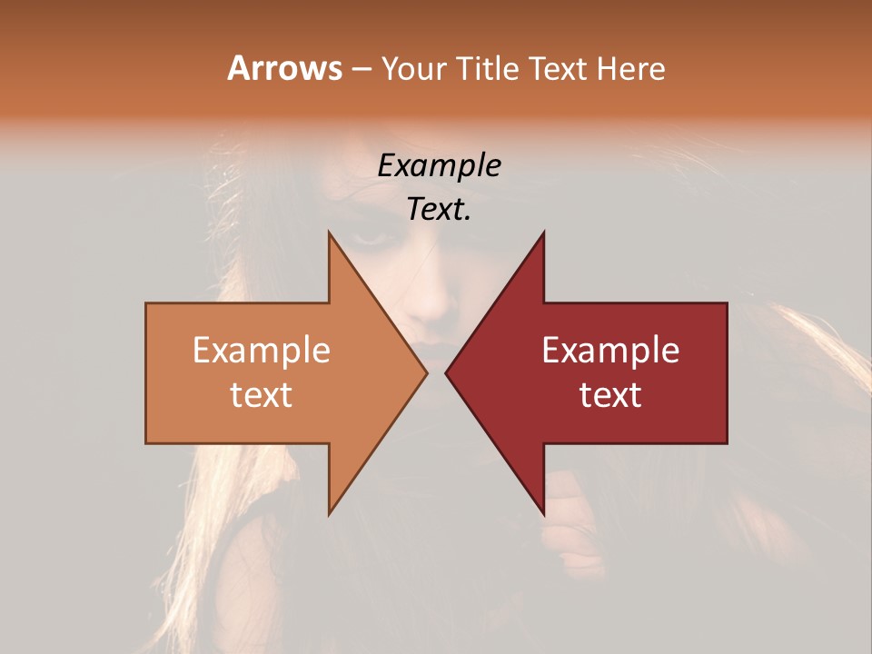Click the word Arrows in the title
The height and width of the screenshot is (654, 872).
point(284,68)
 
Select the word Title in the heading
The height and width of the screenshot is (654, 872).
point(491,69)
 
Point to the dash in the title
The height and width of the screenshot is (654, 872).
point(360,70)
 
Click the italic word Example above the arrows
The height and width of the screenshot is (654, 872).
point(439,165)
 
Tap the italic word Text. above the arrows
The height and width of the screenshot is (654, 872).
point(439,209)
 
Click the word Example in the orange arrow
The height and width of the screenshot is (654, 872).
point(261,351)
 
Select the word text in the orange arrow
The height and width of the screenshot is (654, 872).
point(261,395)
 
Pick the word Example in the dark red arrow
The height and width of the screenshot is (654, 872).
point(610,351)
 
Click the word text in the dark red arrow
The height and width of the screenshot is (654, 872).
point(610,395)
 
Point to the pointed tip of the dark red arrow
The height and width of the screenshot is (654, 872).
point(448,372)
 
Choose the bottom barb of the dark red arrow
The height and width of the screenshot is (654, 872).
point(541,508)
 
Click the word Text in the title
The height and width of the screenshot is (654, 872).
point(559,69)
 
